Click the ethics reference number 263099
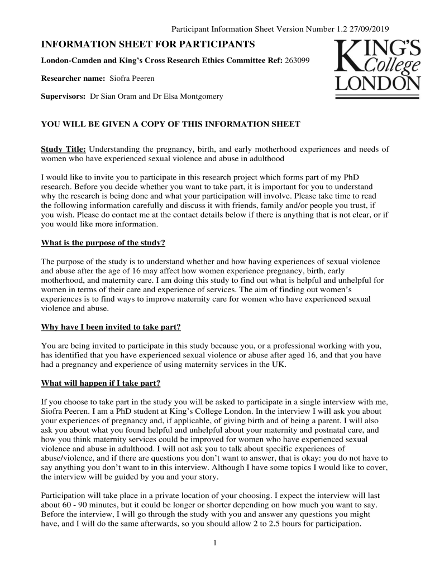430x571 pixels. point(298,60)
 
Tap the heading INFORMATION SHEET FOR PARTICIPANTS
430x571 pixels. point(148,44)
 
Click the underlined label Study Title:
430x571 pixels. point(64,149)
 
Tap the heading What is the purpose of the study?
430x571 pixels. point(103,243)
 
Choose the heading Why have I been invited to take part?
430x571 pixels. point(111,326)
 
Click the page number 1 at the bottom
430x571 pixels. point(214,543)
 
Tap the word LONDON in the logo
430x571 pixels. point(377,84)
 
